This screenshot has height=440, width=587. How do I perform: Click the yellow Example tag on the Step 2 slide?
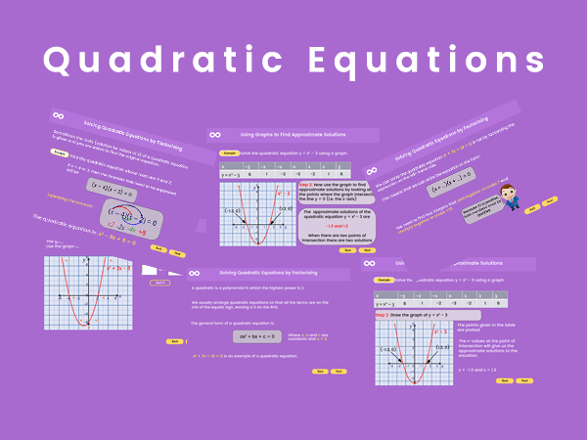[x=229, y=153]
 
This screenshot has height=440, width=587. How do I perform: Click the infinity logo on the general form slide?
[x=195, y=272]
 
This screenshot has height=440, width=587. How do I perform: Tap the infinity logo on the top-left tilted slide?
[x=59, y=114]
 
